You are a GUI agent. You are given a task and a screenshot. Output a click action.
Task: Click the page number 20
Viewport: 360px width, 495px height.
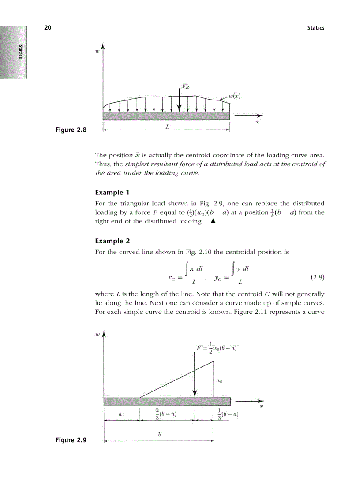click(x=48, y=28)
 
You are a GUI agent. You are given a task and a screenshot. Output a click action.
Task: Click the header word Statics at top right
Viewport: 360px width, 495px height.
click(x=315, y=28)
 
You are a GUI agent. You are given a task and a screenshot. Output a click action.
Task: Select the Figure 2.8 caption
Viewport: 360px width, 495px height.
click(x=71, y=130)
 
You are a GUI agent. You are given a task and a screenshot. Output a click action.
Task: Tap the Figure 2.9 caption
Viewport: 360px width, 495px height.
click(x=71, y=440)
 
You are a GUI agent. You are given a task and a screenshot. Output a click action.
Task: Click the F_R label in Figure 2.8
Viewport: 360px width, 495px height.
click(x=186, y=87)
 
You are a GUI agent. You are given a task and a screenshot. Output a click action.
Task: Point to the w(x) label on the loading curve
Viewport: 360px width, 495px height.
click(x=234, y=96)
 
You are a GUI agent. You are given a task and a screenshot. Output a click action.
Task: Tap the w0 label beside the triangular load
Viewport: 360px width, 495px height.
click(x=219, y=380)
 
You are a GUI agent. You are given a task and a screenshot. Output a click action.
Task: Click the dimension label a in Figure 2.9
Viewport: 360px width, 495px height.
click(x=120, y=414)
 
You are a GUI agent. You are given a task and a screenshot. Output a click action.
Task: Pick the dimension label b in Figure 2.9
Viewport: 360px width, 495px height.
click(x=159, y=434)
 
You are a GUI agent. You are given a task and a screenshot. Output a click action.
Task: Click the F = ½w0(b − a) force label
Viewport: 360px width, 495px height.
click(x=217, y=348)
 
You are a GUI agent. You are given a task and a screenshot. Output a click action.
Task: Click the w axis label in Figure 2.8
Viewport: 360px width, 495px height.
click(x=97, y=52)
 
